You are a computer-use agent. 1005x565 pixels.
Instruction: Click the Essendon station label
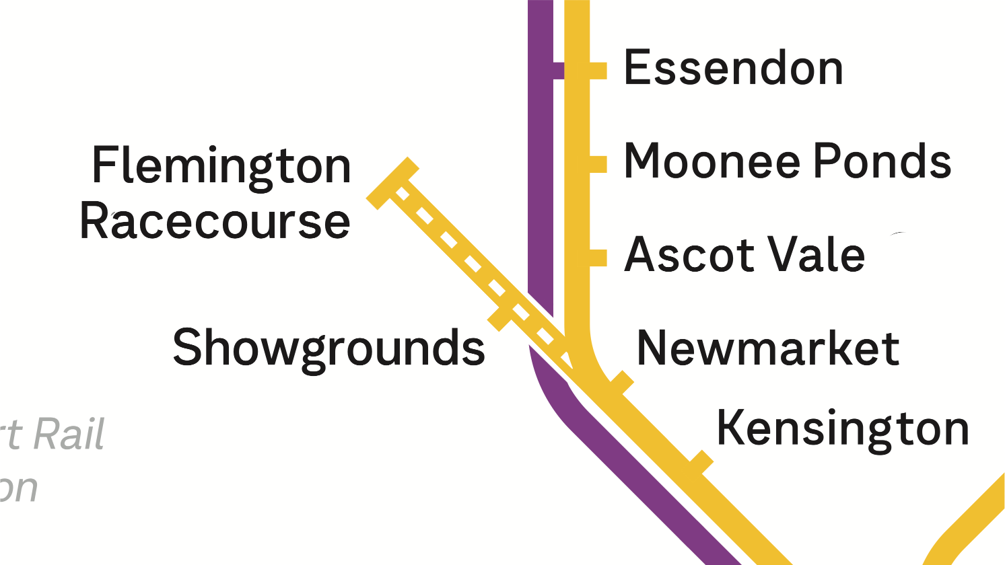733,68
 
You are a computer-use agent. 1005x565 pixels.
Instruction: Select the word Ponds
883,161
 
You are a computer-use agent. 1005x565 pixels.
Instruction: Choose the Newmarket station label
768,348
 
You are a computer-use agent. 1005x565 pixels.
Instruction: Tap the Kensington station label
842,428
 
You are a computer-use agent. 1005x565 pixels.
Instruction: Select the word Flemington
221,165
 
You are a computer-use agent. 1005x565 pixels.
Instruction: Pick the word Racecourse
215,221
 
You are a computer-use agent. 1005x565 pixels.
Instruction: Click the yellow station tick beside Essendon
598,71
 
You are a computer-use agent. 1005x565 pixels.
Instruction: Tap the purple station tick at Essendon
558,71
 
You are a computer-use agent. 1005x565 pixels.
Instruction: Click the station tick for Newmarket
623,382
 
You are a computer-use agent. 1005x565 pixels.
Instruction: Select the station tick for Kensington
701,462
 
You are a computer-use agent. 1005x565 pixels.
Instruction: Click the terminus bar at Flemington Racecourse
392,183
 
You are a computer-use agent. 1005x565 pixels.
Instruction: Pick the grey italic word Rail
69,435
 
